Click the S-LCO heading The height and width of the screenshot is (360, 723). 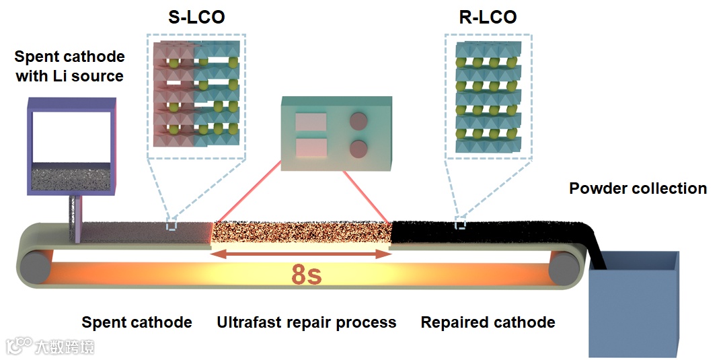[x=196, y=17]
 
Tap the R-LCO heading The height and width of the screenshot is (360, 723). [x=488, y=17]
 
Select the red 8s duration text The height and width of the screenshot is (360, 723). [x=306, y=276]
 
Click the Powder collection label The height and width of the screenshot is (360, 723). [x=638, y=188]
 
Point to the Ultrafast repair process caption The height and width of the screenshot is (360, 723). [x=306, y=322]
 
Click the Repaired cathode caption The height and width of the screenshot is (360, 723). [x=488, y=322]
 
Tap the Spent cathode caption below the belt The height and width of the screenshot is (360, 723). [x=137, y=322]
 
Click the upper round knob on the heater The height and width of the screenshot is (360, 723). [x=360, y=122]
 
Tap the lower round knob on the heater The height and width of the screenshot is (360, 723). [x=360, y=148]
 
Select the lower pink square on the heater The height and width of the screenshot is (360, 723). [x=310, y=148]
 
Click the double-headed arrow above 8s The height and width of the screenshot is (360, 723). [x=301, y=254]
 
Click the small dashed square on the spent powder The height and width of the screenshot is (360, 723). [x=172, y=225]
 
